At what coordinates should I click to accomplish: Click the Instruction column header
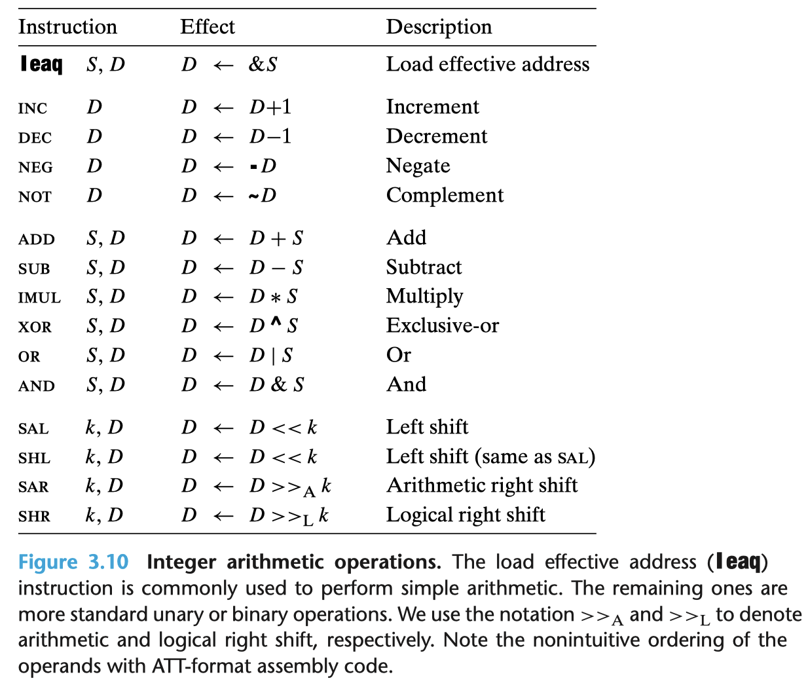point(67,27)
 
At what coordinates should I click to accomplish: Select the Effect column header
point(207,27)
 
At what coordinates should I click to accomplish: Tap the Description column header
point(439,27)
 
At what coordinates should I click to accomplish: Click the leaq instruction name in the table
point(41,64)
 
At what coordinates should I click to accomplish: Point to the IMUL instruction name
point(39,298)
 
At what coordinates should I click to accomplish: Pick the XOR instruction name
point(35,327)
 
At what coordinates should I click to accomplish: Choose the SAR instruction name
point(33,487)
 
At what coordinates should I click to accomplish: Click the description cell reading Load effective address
point(487,64)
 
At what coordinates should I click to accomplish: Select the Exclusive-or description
point(442,325)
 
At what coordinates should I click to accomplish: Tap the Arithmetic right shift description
point(482,485)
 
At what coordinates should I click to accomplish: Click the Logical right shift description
point(466,515)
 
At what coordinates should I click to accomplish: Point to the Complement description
point(445,195)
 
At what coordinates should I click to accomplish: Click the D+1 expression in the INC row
point(270,107)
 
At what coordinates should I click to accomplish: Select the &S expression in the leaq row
point(263,64)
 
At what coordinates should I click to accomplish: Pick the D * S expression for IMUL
point(274,297)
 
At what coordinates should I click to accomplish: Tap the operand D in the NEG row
point(94,166)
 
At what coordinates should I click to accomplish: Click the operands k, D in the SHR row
point(104,515)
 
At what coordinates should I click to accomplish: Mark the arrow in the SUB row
point(223,268)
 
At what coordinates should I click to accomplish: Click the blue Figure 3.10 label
point(73,562)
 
